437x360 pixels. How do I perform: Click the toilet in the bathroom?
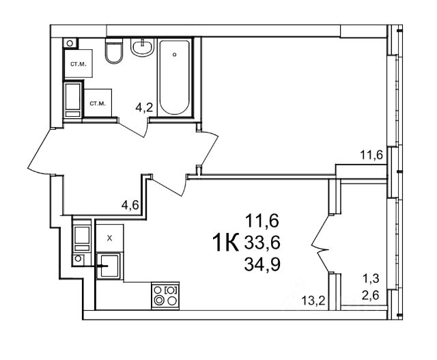114,51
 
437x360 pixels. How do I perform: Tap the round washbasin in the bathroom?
143,47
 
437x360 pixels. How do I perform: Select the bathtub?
175,77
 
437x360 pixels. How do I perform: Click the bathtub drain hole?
175,55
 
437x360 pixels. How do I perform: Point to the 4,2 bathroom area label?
144,107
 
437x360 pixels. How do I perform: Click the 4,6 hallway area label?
130,206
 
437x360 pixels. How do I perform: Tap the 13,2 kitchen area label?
313,301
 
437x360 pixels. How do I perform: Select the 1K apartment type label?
225,243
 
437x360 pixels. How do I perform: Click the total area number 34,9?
262,264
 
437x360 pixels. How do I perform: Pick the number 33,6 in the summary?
262,243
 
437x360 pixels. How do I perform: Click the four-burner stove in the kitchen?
165,296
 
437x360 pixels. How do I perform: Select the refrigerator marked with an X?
109,238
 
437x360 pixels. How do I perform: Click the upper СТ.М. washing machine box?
79,64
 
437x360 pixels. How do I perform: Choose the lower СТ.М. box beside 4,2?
98,103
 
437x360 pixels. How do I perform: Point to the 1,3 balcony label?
371,278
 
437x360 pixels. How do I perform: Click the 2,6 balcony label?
371,294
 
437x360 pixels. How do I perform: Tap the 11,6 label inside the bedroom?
371,154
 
